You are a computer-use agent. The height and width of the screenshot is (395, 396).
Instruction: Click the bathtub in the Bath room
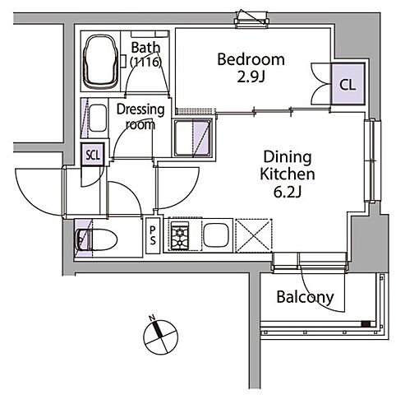pyautogui.click(x=101, y=62)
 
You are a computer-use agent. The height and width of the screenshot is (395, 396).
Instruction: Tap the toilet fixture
pyautogui.click(x=96, y=240)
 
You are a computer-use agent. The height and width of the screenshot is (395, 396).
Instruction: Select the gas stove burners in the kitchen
pyautogui.click(x=180, y=235)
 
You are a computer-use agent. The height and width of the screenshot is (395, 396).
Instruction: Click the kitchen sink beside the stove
pyautogui.click(x=216, y=235)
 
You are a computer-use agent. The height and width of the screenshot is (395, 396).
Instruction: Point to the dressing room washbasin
pyautogui.click(x=98, y=118)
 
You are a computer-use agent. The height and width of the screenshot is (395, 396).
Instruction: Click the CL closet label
pyautogui.click(x=348, y=85)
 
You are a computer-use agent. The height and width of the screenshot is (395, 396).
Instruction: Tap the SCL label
pyautogui.click(x=93, y=156)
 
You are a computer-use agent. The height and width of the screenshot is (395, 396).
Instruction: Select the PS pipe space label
pyautogui.click(x=153, y=235)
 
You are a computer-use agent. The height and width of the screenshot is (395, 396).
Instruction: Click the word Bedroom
pyautogui.click(x=251, y=59)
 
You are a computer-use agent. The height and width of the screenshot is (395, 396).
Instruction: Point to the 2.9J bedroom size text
pyautogui.click(x=251, y=77)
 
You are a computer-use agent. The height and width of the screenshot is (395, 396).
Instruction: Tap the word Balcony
pyautogui.click(x=305, y=297)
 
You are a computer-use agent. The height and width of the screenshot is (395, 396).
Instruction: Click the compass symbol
pyautogui.click(x=161, y=337)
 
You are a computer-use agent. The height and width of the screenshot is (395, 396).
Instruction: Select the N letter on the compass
pyautogui.click(x=152, y=318)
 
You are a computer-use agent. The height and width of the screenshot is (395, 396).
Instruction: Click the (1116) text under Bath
pyautogui.click(x=145, y=63)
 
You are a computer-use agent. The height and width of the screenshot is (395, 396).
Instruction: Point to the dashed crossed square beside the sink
pyautogui.click(x=254, y=235)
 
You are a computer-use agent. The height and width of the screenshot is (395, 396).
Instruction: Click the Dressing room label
pyautogui.click(x=140, y=117)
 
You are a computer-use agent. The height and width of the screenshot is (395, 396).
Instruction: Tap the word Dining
pyautogui.click(x=288, y=157)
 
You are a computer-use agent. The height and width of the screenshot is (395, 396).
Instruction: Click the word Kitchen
pyautogui.click(x=288, y=174)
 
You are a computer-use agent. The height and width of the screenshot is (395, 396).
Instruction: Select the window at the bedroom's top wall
pyautogui.click(x=251, y=20)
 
